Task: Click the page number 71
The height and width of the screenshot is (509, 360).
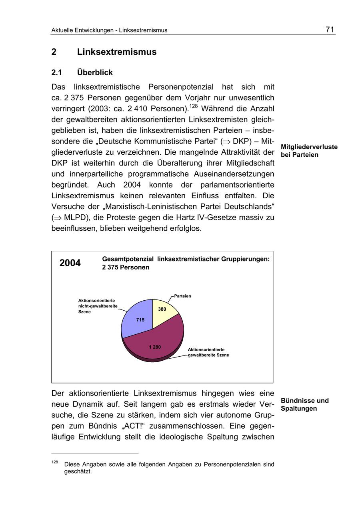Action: pyautogui.click(x=330, y=30)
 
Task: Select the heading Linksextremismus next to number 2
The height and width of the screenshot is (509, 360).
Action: pyautogui.click(x=117, y=52)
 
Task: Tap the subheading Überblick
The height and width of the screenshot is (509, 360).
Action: pyautogui.click(x=95, y=73)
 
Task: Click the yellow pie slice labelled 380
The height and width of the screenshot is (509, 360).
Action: pyautogui.click(x=163, y=311)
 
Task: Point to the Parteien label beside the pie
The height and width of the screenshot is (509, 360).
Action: pyautogui.click(x=182, y=296)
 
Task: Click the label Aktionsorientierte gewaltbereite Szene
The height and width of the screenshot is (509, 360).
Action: pyautogui.click(x=208, y=352)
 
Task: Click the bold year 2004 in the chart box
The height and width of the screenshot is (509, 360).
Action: pyautogui.click(x=70, y=263)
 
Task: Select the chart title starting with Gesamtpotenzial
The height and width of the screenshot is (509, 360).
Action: pyautogui.click(x=186, y=263)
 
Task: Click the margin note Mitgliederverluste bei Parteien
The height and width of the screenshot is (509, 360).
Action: pyautogui.click(x=309, y=151)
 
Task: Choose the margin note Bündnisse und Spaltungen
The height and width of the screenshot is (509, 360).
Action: pyautogui.click(x=304, y=405)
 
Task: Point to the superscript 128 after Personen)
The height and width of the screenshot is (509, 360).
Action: pyautogui.click(x=194, y=106)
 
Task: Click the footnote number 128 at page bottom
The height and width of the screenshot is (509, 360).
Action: pyautogui.click(x=55, y=462)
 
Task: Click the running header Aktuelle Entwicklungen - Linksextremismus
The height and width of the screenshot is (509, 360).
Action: pyautogui.click(x=109, y=30)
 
